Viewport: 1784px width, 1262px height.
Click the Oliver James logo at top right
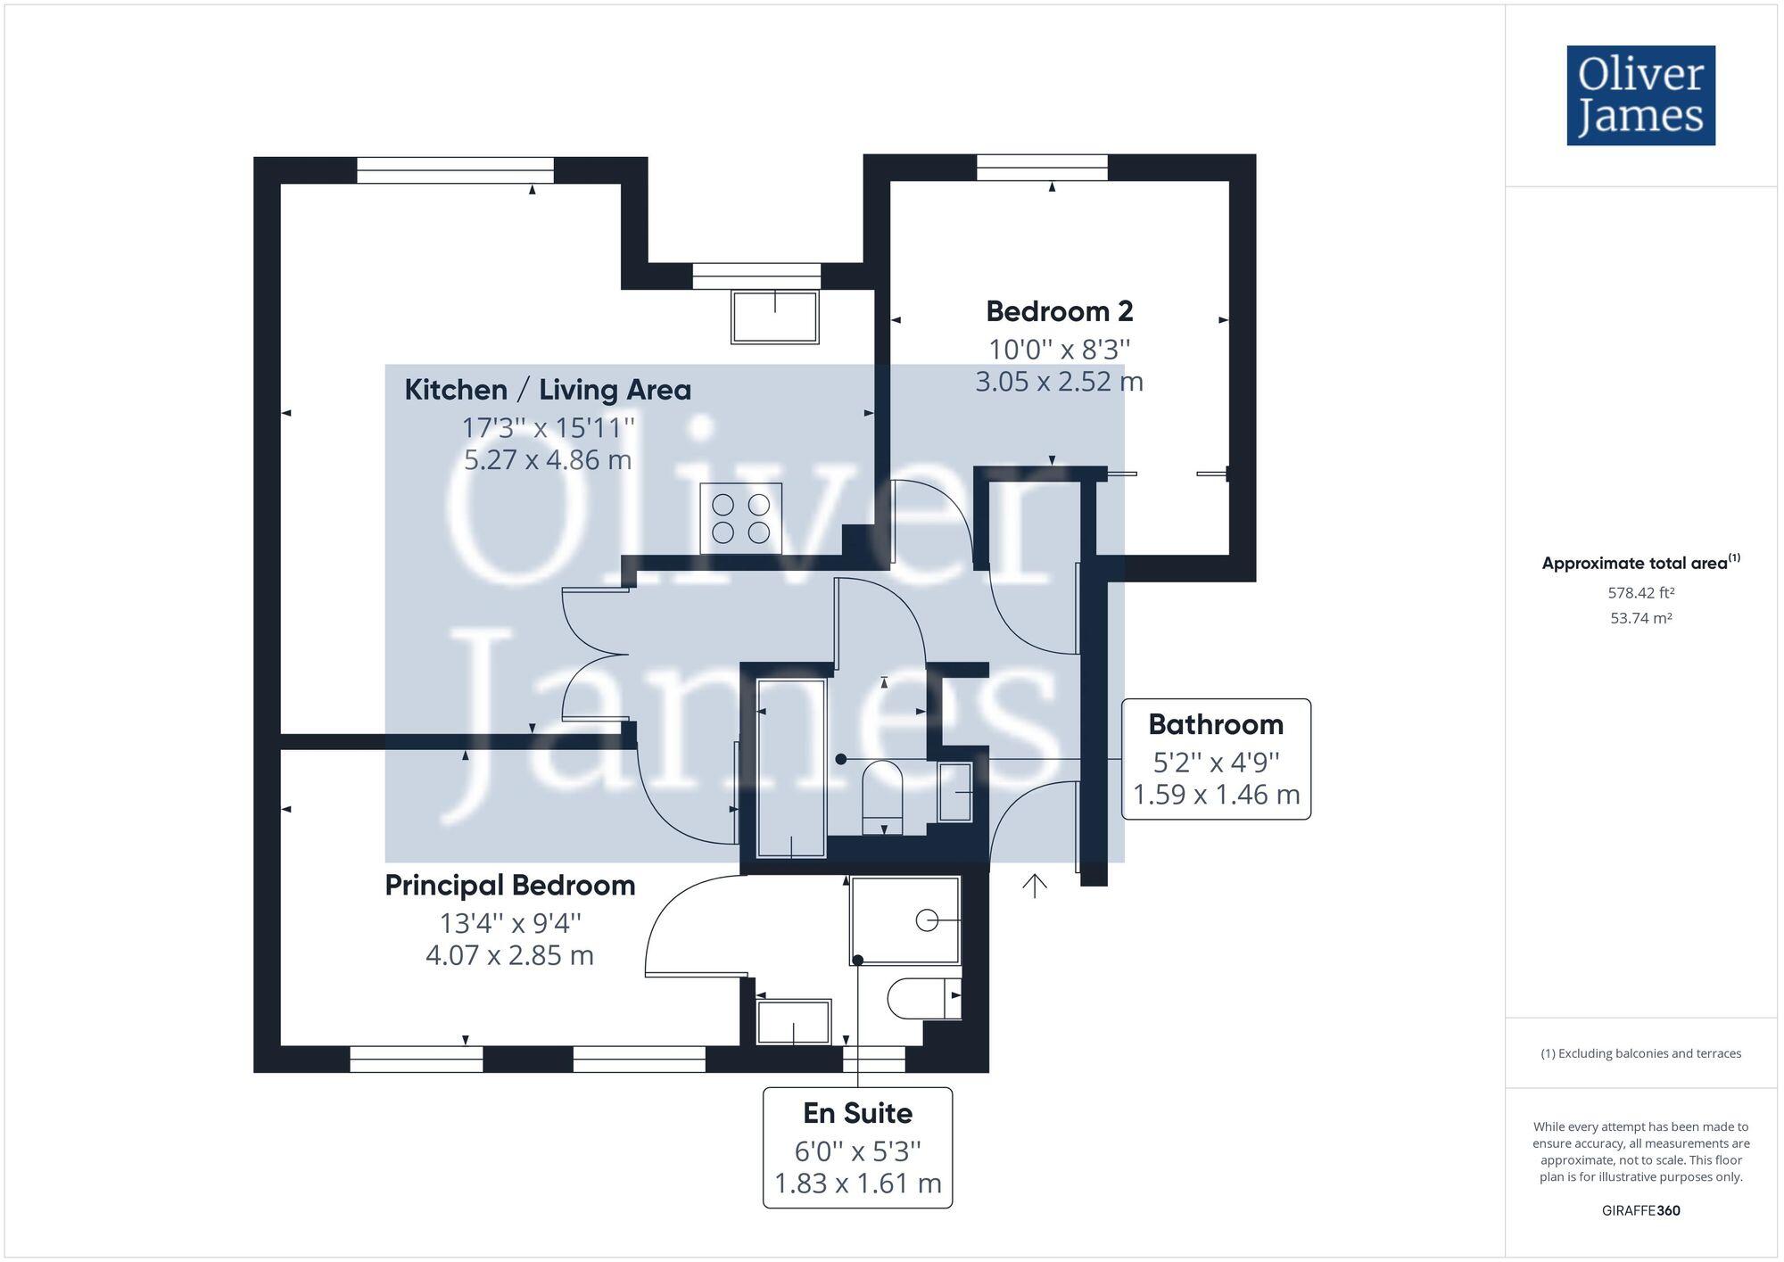click(1640, 95)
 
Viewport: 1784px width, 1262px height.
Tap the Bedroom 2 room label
click(1059, 311)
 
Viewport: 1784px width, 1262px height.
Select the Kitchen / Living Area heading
click(548, 390)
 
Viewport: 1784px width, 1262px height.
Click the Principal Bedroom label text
click(509, 886)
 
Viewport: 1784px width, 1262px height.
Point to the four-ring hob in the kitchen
click(740, 518)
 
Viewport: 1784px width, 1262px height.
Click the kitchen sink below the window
click(774, 317)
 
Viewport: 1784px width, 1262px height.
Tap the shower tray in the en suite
click(904, 920)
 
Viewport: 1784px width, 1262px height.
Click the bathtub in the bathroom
click(790, 767)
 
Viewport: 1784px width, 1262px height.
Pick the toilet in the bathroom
click(882, 793)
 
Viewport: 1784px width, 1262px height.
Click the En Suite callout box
click(857, 1148)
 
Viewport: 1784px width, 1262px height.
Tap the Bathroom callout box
click(1215, 759)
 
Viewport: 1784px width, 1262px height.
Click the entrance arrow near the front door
click(1034, 886)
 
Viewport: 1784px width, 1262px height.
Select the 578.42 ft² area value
click(1640, 592)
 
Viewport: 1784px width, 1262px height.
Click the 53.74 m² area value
click(1640, 618)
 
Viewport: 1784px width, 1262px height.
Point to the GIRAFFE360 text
click(1640, 1210)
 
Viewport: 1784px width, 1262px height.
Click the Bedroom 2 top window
click(1042, 168)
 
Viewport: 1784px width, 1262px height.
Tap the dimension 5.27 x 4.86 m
click(548, 460)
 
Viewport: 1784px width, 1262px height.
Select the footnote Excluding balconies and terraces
click(1640, 1053)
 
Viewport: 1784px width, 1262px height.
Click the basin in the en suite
click(793, 1022)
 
